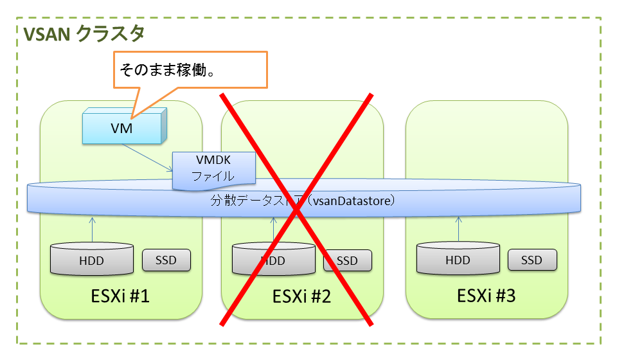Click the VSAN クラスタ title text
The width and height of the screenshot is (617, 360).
pyautogui.click(x=84, y=33)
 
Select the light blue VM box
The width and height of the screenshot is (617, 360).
pyautogui.click(x=121, y=128)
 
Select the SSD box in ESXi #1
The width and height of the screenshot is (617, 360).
pyautogui.click(x=166, y=260)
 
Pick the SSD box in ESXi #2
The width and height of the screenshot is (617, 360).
pyautogui.click(x=348, y=260)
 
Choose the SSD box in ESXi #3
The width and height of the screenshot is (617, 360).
pyautogui.click(x=532, y=260)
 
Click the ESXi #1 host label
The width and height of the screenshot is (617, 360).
pyautogui.click(x=121, y=297)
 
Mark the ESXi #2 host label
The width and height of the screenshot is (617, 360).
pyautogui.click(x=302, y=297)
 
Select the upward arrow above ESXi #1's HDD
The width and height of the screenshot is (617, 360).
pyautogui.click(x=92, y=228)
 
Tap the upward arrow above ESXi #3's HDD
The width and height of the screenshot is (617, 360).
pyautogui.click(x=458, y=228)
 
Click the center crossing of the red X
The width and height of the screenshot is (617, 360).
pyautogui.click(x=297, y=209)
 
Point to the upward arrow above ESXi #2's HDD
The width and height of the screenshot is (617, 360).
pyautogui.click(x=274, y=228)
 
